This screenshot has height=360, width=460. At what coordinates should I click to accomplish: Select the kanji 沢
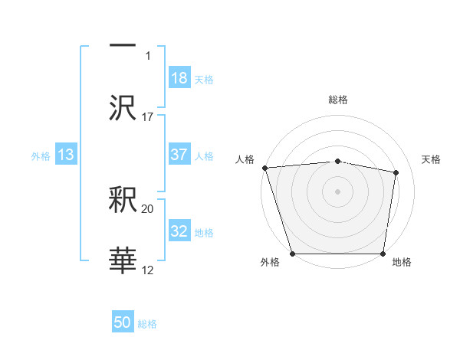tap(123, 107)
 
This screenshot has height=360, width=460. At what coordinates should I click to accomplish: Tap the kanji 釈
tap(123, 201)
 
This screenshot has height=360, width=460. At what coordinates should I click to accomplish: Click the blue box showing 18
tap(179, 78)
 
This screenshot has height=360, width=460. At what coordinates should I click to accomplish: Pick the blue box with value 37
tap(179, 155)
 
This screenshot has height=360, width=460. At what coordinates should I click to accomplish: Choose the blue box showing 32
tap(179, 231)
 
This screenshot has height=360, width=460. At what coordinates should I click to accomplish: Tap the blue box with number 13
tap(66, 155)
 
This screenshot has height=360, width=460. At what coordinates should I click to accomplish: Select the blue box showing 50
tap(123, 323)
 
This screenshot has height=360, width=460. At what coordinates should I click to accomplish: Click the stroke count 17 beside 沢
tap(148, 117)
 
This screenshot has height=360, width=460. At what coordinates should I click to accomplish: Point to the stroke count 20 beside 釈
tap(148, 208)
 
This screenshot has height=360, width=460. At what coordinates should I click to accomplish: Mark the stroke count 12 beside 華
tap(148, 270)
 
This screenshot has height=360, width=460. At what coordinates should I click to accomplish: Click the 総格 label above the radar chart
tap(337, 100)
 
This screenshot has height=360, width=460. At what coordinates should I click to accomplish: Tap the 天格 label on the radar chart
tap(432, 159)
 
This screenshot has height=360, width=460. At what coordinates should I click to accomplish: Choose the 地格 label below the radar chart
tap(402, 263)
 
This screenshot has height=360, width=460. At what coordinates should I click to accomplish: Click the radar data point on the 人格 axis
tap(264, 168)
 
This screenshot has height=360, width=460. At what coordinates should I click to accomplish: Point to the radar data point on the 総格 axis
tap(337, 161)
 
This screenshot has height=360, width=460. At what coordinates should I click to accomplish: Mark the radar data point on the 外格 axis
tap(292, 254)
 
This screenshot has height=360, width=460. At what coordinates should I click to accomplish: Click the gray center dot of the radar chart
tap(337, 191)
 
